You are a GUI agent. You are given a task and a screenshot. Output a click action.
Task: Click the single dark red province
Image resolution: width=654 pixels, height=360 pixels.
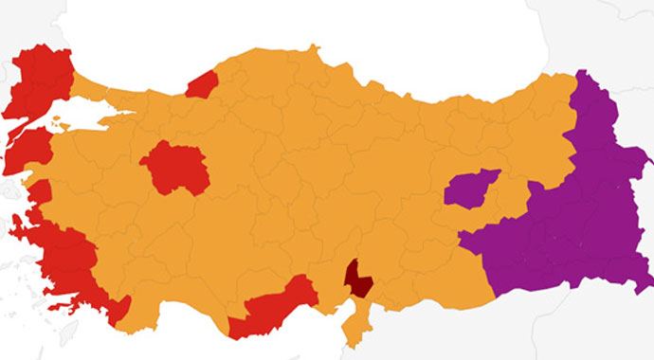tap(358, 278)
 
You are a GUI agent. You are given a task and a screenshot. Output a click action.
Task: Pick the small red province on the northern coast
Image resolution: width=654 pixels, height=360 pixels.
tap(202, 84)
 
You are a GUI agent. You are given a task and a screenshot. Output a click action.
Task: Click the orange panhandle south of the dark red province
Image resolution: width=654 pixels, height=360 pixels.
tap(356, 322)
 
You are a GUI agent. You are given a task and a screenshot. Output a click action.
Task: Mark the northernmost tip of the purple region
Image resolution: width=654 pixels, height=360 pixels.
tap(582, 74)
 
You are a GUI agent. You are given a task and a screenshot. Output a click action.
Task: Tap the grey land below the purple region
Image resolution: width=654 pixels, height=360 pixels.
tap(569, 327)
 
